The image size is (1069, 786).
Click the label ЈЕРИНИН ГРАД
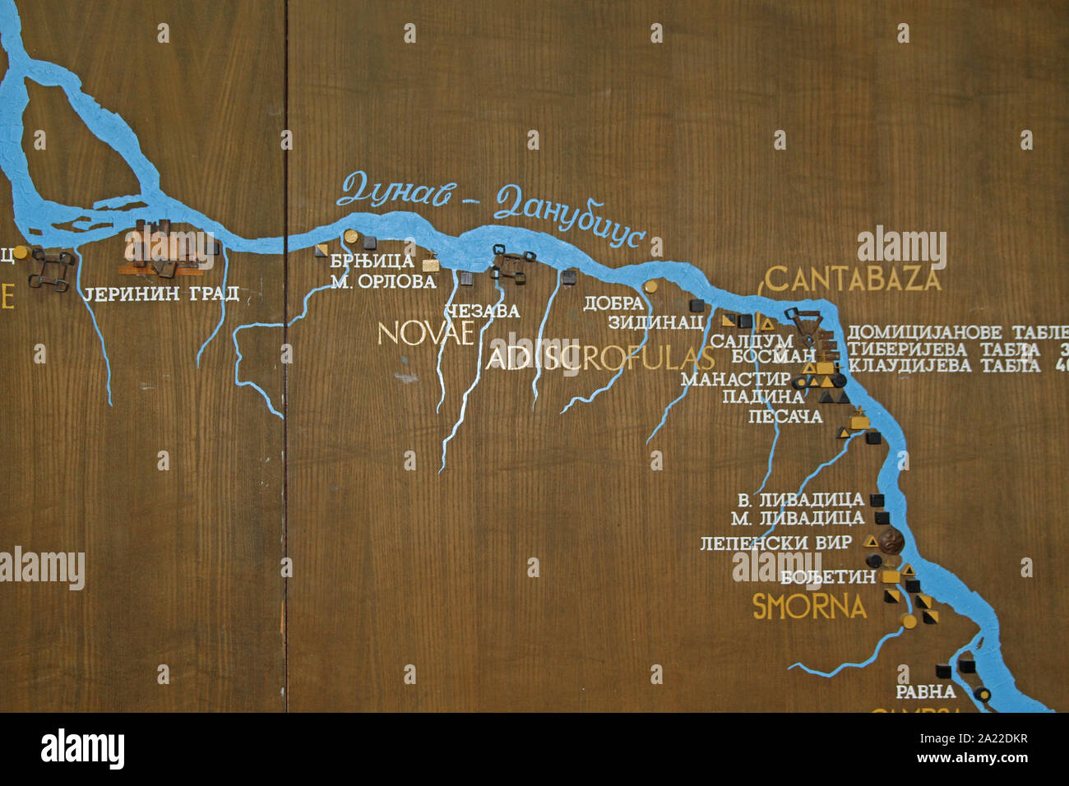(x=161, y=294)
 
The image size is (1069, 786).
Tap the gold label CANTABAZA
(x=853, y=280)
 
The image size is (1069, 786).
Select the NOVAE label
(x=425, y=333)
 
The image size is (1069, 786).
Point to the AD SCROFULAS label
(x=600, y=358)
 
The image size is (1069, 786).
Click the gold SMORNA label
(x=809, y=607)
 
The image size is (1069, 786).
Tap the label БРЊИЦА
(x=372, y=261)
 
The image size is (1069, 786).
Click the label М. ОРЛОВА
(x=383, y=282)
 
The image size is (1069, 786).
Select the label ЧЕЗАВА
(x=482, y=312)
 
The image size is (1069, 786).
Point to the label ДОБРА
(x=613, y=303)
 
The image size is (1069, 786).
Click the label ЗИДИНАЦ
(x=655, y=322)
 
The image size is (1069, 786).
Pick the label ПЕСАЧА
(x=784, y=417)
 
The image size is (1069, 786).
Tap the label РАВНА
(x=925, y=691)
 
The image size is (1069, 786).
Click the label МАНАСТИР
(x=734, y=380)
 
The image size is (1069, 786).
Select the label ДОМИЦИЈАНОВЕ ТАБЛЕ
(x=957, y=333)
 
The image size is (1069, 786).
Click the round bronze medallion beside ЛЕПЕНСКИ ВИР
(x=890, y=541)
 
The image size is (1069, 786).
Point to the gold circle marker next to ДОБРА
(x=650, y=287)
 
